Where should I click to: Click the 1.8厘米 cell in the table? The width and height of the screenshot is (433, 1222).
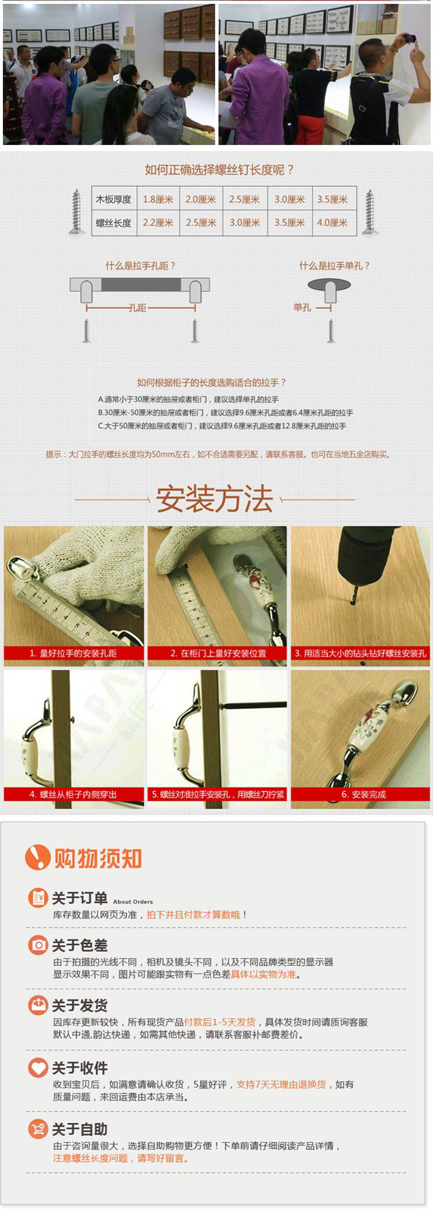click(158, 199)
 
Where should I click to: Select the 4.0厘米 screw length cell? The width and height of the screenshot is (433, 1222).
click(333, 223)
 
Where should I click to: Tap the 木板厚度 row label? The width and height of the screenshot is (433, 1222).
click(114, 199)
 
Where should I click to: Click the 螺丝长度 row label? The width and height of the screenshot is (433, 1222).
click(114, 223)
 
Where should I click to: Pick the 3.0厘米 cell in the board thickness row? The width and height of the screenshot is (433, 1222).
click(290, 199)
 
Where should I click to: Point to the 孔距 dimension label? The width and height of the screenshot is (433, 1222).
click(137, 308)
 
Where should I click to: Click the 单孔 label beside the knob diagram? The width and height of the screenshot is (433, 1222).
click(302, 308)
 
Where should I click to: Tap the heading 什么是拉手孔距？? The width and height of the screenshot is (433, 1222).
click(140, 266)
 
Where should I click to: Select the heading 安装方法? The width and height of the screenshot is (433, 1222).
click(214, 499)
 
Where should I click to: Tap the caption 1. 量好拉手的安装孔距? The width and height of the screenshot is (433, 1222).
click(73, 653)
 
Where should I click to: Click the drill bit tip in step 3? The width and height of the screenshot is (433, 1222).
click(353, 604)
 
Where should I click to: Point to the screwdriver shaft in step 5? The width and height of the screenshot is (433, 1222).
click(253, 705)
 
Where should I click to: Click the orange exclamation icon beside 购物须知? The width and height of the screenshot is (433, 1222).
click(38, 857)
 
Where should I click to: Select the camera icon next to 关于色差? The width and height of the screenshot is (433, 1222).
click(38, 945)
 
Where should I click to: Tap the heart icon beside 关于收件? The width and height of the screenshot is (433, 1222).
click(38, 1067)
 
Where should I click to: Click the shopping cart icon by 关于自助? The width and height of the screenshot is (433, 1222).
click(38, 1128)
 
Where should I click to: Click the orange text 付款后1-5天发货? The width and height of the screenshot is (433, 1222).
click(220, 1022)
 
